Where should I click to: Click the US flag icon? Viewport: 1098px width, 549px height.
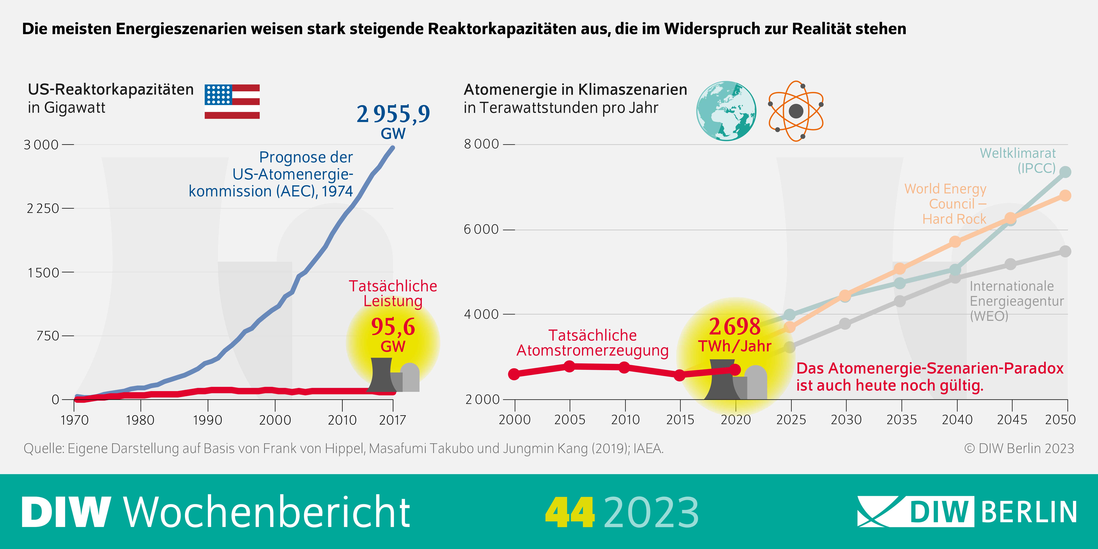tap(232, 102)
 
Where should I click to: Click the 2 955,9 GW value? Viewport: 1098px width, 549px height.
tap(393, 114)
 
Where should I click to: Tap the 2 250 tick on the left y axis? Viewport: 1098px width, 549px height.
tap(43, 208)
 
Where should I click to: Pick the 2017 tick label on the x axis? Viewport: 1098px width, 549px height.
tap(392, 420)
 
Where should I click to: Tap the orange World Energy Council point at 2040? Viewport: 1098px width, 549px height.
tap(955, 242)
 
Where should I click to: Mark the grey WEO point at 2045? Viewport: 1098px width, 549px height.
tap(1010, 264)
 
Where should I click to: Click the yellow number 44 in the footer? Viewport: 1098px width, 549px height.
tap(569, 512)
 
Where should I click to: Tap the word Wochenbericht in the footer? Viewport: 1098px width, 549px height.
tap(267, 512)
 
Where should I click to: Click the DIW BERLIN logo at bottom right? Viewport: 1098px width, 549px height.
tap(967, 511)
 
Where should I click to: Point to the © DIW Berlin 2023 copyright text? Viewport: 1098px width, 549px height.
tap(1019, 448)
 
